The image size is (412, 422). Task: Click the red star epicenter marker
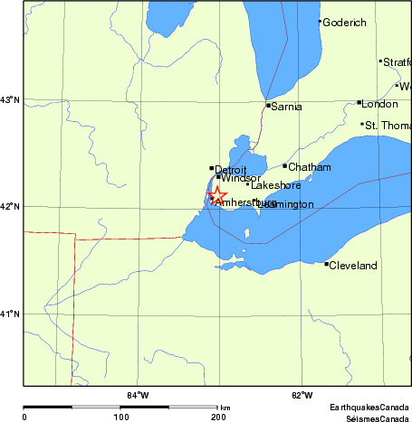click(217, 196)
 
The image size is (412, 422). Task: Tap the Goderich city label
click(344, 23)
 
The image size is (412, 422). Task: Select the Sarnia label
click(286, 108)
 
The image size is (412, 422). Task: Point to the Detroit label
click(231, 169)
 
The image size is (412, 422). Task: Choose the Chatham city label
click(309, 167)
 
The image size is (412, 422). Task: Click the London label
click(379, 104)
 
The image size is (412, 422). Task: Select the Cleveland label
click(351, 266)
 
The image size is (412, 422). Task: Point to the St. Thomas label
click(388, 126)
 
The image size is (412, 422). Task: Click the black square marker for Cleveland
click(326, 264)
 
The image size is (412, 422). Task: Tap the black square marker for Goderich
click(320, 22)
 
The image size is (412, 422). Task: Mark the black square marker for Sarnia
click(267, 106)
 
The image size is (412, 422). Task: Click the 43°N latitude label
click(10, 99)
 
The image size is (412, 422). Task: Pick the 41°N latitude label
click(10, 314)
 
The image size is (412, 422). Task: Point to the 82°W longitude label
click(302, 395)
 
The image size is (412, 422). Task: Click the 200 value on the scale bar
click(218, 417)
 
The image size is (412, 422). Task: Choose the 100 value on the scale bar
click(120, 417)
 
